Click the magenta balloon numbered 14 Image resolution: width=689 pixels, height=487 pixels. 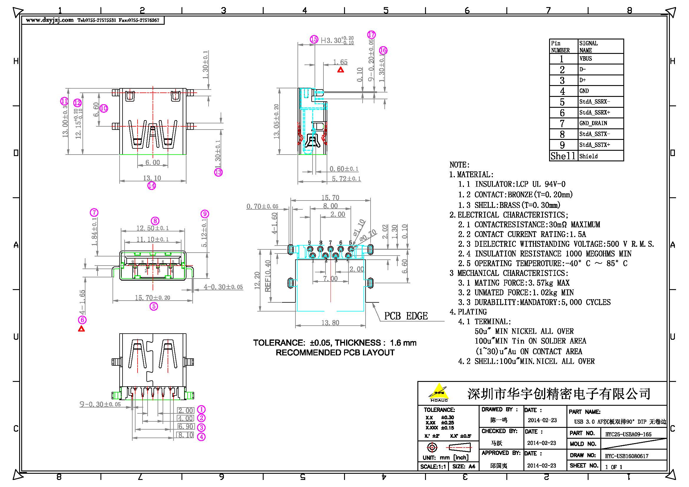[x=151, y=185]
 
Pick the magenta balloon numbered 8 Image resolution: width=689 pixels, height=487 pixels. [x=155, y=221]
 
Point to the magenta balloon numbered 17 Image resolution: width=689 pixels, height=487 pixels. [x=371, y=34]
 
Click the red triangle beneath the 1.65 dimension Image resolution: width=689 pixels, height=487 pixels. [x=341, y=70]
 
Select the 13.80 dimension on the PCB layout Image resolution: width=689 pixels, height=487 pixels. [x=330, y=323]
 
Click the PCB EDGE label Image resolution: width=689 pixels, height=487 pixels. [x=406, y=316]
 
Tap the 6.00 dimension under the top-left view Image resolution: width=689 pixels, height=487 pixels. [x=153, y=163]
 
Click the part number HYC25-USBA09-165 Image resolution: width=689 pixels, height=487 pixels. [x=628, y=434]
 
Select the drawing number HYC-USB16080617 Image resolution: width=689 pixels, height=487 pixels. [x=627, y=456]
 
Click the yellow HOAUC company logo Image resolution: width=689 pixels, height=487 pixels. [x=439, y=392]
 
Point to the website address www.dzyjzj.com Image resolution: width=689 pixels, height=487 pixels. [x=50, y=20]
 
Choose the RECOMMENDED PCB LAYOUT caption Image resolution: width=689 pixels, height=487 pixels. [x=335, y=353]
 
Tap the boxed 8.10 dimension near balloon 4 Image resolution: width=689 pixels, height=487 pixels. [x=186, y=435]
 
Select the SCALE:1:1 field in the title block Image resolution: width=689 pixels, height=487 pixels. [x=433, y=467]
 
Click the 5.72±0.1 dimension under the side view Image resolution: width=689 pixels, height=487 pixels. [x=346, y=179]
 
